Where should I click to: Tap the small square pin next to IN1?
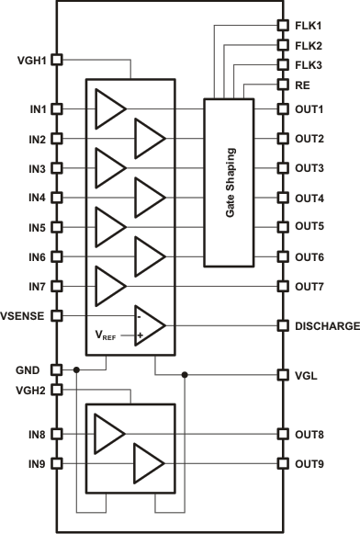pos(56,109)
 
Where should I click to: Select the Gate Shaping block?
pos(231,181)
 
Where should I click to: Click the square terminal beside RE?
pos(284,85)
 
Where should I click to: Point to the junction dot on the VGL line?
pos(186,375)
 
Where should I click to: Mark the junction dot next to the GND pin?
pos(77,370)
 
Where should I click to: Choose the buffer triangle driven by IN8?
pos(110,433)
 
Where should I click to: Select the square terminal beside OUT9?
pos(284,463)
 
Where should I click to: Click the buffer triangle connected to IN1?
pos(110,109)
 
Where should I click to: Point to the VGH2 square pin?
pos(56,390)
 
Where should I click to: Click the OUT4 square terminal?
pos(284,198)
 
